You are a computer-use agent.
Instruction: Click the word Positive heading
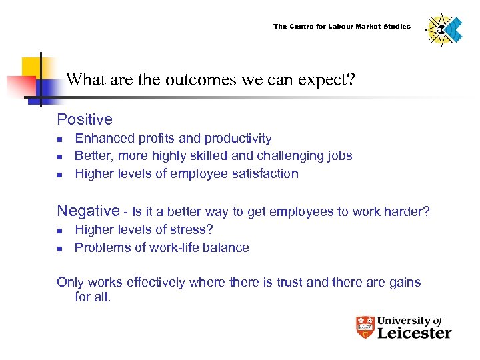click(85, 120)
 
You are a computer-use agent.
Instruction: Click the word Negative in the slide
click(88, 211)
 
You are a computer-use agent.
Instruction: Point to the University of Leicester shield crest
click(365, 327)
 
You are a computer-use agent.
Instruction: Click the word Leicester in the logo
click(414, 333)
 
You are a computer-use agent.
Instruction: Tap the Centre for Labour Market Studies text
click(342, 27)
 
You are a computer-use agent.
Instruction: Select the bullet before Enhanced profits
click(59, 139)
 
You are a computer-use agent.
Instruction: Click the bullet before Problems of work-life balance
click(59, 249)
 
